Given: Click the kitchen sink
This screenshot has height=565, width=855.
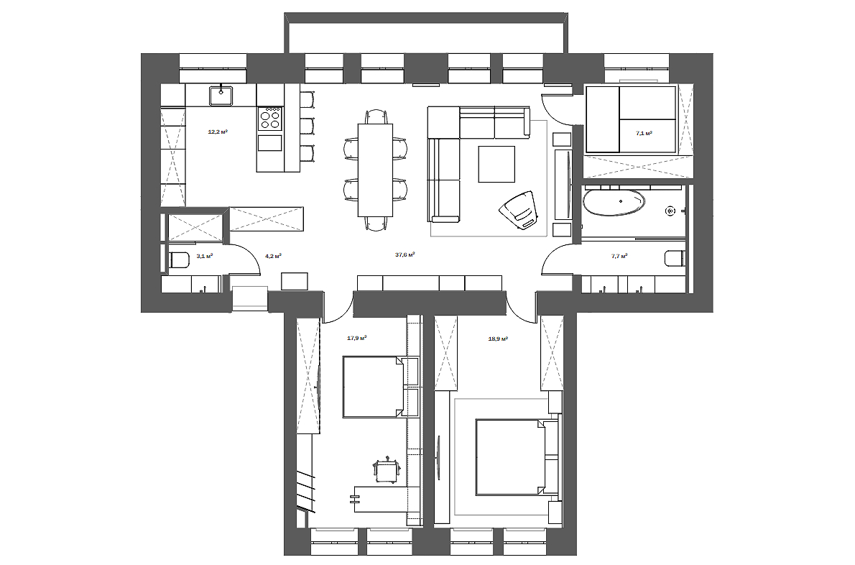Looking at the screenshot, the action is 221,96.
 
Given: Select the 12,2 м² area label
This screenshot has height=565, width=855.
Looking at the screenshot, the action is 218,132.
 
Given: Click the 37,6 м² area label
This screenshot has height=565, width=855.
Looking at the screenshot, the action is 405,254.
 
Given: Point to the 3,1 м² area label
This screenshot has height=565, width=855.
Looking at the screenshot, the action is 205,255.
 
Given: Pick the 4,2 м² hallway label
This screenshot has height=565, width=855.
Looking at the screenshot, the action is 273,255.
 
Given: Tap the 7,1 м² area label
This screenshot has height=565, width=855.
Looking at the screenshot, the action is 644,132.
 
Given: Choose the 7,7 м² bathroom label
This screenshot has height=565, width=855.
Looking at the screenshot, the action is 619,255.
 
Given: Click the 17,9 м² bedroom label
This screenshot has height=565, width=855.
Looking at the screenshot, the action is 356,338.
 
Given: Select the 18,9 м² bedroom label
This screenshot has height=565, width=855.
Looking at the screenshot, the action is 498,339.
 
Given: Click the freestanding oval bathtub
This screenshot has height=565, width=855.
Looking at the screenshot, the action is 614,203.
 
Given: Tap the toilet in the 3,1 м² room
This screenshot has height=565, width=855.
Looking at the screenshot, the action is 179,259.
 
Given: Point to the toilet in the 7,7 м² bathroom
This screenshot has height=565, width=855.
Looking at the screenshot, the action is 675,258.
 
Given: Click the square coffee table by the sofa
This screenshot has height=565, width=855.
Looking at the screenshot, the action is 496,164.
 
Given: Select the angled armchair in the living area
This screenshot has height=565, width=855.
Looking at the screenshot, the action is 519,210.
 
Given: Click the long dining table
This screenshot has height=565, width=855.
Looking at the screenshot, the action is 375,170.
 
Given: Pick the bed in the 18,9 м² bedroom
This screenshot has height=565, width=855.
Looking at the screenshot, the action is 510,457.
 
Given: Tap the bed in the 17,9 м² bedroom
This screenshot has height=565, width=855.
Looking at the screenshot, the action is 374,387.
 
